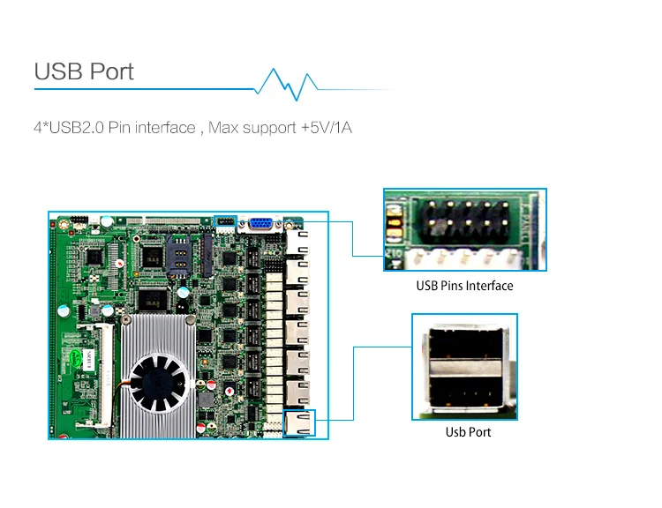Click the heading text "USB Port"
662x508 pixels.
pyautogui.click(x=84, y=71)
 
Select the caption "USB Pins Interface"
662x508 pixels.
pyautogui.click(x=464, y=286)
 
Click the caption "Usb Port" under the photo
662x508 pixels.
pyautogui.click(x=468, y=432)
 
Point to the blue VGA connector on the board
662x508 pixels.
pyautogui.click(x=260, y=224)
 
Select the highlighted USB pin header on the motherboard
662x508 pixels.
pyautogui.click(x=226, y=220)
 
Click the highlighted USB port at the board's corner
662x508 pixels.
pyautogui.click(x=299, y=423)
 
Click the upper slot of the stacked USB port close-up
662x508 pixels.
pyautogui.click(x=465, y=344)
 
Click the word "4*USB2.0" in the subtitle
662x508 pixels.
pyautogui.click(x=68, y=127)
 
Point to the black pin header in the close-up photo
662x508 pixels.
pyautogui.click(x=468, y=221)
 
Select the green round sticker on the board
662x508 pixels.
pyautogui.click(x=76, y=355)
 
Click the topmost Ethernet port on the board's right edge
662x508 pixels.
pyautogui.click(x=297, y=242)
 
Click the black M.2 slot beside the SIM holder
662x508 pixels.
pyautogui.click(x=207, y=254)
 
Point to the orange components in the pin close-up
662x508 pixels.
pyautogui.click(x=395, y=223)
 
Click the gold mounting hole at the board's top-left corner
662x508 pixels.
pyautogui.click(x=64, y=224)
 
